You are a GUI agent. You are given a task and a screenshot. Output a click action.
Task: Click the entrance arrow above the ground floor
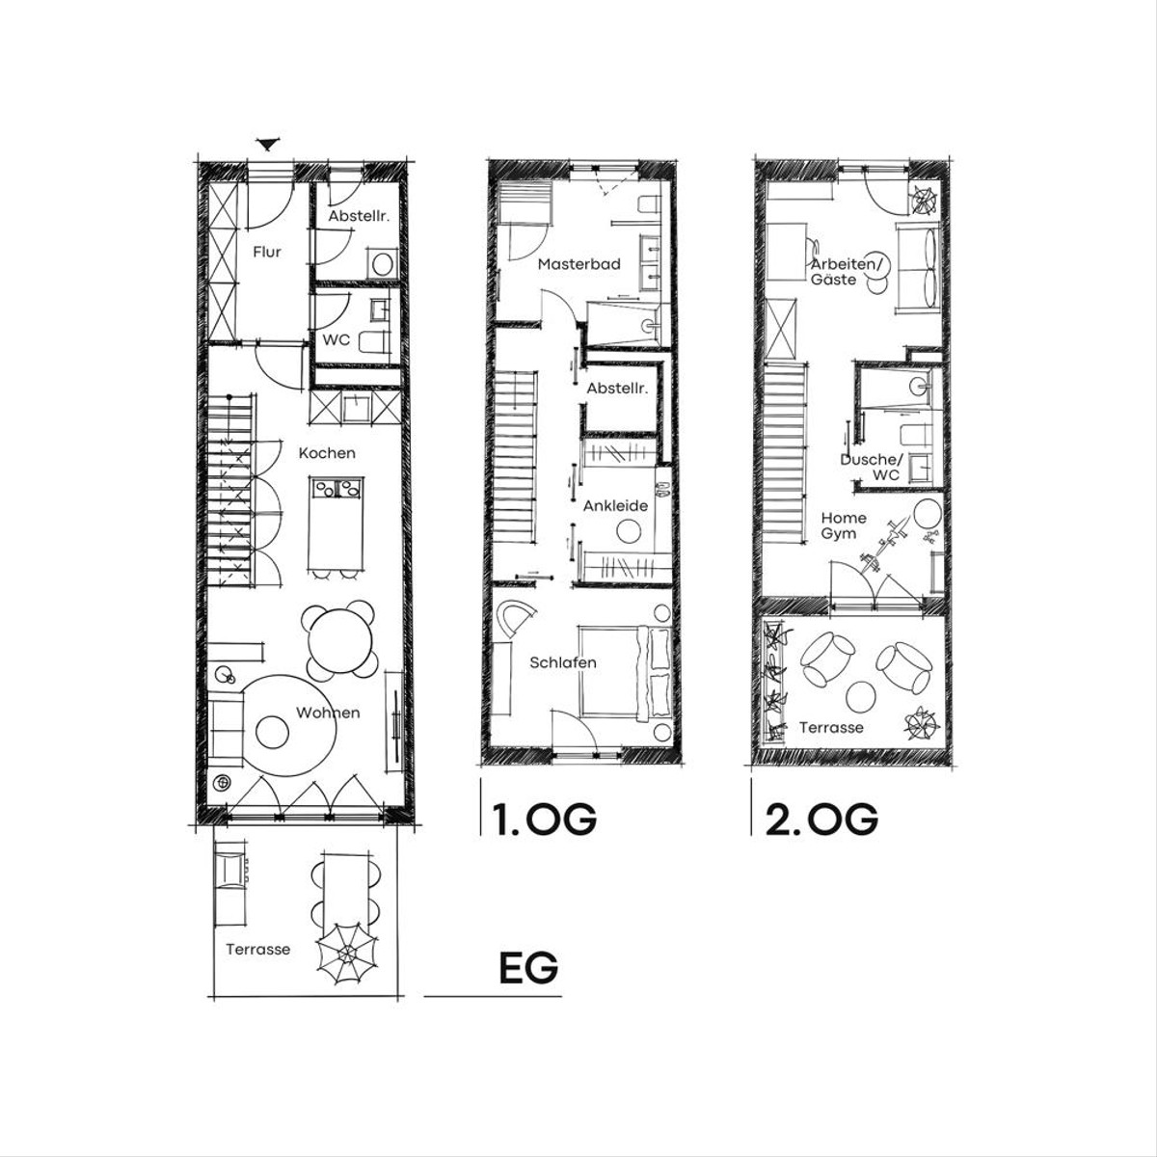[x=268, y=144]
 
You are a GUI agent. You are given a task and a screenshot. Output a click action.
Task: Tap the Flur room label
[x=267, y=253]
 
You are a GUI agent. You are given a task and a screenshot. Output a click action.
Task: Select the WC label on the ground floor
[x=336, y=339]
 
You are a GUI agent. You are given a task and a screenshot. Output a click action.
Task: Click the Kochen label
[x=327, y=453]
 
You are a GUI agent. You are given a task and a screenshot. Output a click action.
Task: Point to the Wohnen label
[x=328, y=713]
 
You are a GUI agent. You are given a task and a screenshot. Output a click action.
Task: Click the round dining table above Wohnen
[x=339, y=640]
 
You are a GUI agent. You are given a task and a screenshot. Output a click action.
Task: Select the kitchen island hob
[x=336, y=487]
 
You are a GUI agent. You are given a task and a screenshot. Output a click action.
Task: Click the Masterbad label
[x=578, y=264]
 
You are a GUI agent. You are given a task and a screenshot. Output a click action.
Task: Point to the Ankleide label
[x=615, y=505]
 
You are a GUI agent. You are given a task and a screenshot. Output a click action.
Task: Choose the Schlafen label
[x=562, y=662]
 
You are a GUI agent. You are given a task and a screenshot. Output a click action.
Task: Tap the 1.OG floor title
[x=544, y=819]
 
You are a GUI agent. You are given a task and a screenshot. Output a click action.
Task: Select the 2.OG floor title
[x=821, y=819]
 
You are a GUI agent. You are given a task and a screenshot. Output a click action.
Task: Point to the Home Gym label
[x=843, y=525]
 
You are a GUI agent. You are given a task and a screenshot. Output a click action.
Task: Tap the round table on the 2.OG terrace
[x=861, y=696]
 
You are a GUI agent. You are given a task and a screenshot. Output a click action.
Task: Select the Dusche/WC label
[x=872, y=467]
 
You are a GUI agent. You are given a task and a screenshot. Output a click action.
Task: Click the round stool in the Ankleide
[x=630, y=531]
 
